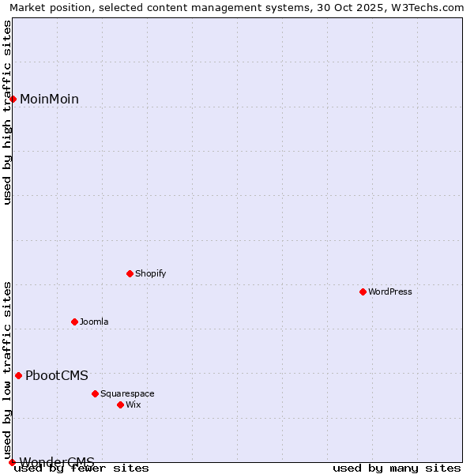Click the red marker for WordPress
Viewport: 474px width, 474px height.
pyautogui.click(x=363, y=292)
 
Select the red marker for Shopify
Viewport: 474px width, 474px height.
pyautogui.click(x=130, y=273)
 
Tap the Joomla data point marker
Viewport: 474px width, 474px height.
pyautogui.click(x=74, y=322)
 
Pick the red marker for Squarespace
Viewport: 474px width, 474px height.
pyautogui.click(x=95, y=393)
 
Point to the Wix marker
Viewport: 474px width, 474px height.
pyautogui.click(x=120, y=404)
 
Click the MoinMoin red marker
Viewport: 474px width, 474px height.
pyautogui.click(x=13, y=99)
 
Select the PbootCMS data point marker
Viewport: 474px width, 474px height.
pyautogui.click(x=18, y=375)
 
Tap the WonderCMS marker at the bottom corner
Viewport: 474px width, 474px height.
pyautogui.click(x=12, y=462)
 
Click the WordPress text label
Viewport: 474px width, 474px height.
pyautogui.click(x=390, y=292)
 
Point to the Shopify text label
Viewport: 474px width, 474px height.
pyautogui.click(x=150, y=273)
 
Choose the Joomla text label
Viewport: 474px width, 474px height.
pyautogui.click(x=94, y=322)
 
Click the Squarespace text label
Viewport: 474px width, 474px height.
pyautogui.click(x=127, y=393)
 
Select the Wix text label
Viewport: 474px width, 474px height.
pyautogui.click(x=134, y=404)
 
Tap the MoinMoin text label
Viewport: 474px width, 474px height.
pyautogui.click(x=49, y=99)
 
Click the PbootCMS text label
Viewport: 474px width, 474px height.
pyautogui.click(x=57, y=375)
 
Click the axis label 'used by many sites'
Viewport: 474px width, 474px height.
pyautogui.click(x=397, y=468)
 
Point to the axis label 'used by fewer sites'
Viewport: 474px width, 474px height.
pyautogui.click(x=82, y=468)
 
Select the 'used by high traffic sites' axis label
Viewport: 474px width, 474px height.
pyautogui.click(x=7, y=112)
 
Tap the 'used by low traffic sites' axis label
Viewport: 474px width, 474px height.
pyautogui.click(x=7, y=364)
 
